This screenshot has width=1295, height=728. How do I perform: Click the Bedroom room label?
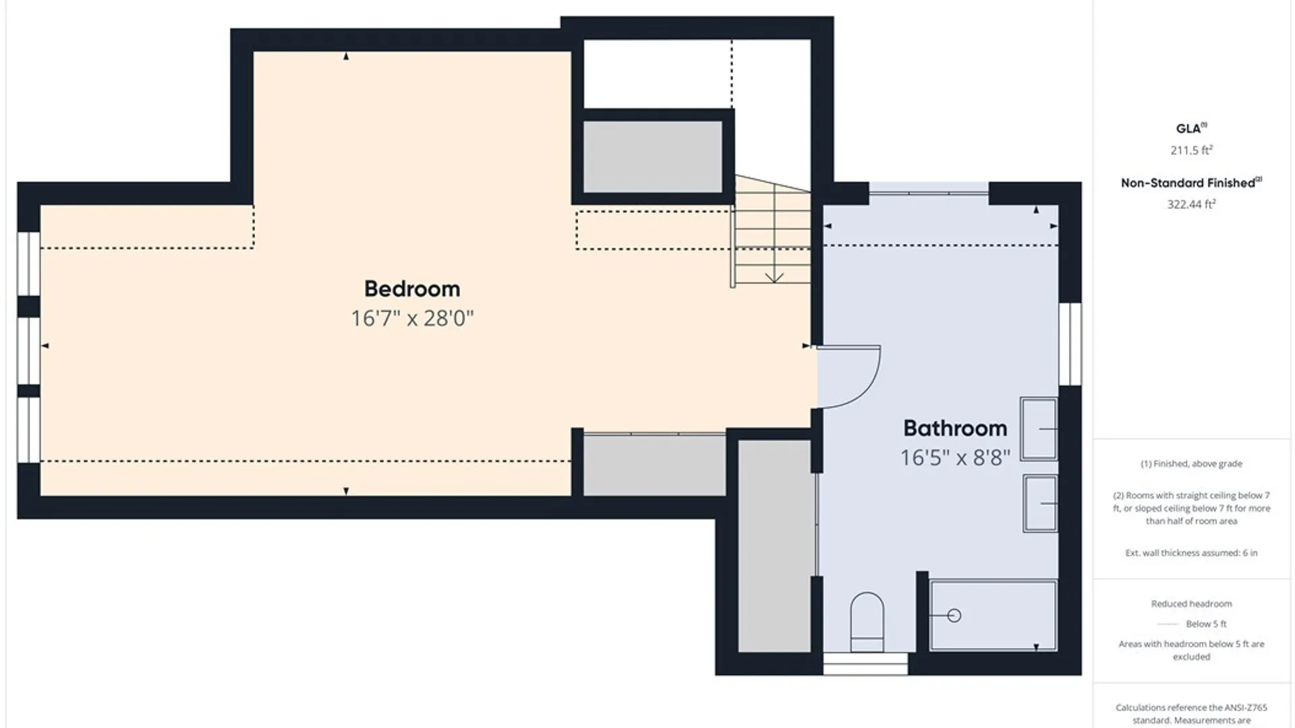tap(412, 289)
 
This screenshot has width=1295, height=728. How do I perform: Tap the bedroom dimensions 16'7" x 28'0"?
tap(412, 318)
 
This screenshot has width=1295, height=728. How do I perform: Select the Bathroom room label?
tap(955, 428)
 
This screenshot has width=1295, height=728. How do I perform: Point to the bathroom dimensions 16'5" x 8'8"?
tap(955, 458)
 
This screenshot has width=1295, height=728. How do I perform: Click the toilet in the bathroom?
tap(867, 622)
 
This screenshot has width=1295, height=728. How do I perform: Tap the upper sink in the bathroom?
tap(1039, 429)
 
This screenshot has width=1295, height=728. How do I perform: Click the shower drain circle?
tap(954, 615)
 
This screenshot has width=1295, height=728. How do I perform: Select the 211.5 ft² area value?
tap(1191, 150)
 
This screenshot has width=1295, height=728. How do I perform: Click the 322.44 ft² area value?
tap(1191, 204)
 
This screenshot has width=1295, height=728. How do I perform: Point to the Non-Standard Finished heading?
tap(1191, 183)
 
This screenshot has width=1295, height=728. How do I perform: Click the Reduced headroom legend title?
tap(1191, 604)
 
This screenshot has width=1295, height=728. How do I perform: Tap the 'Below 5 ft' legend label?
tap(1206, 624)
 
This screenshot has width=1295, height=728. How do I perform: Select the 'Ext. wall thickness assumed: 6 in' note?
tap(1191, 553)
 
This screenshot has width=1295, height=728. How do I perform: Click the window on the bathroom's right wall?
tap(1070, 344)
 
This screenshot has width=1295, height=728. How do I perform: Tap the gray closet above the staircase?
tap(652, 156)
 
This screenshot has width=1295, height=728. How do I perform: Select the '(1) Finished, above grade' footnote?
tap(1191, 464)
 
